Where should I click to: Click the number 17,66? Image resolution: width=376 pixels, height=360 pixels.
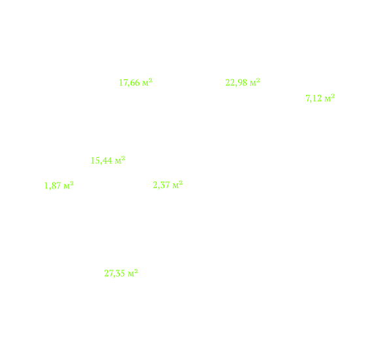click(x=129, y=82)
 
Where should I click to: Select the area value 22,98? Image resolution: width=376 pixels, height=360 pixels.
click(x=236, y=82)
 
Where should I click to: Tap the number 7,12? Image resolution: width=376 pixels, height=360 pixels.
click(x=314, y=98)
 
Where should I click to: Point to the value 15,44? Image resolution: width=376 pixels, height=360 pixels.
click(x=101, y=160)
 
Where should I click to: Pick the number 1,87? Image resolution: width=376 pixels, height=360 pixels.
click(x=52, y=186)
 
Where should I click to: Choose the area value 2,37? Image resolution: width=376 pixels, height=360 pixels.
click(x=162, y=185)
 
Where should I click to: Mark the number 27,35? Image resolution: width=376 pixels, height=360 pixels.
click(x=114, y=274)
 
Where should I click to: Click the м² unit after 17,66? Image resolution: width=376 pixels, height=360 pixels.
click(x=147, y=82)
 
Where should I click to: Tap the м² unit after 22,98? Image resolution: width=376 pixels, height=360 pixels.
click(x=255, y=82)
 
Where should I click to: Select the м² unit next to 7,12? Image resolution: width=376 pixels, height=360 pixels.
click(x=330, y=98)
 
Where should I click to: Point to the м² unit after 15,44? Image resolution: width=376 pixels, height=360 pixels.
click(x=120, y=160)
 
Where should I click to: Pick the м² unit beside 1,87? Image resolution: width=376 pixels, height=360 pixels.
click(x=69, y=185)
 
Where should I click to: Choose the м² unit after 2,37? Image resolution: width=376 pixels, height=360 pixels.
click(x=178, y=185)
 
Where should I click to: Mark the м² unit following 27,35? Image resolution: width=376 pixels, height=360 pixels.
click(x=133, y=273)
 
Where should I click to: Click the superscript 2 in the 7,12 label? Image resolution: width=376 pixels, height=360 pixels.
click(x=333, y=96)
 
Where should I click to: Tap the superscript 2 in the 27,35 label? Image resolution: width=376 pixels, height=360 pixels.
click(x=136, y=271)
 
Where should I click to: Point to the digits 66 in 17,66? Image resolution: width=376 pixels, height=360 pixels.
click(x=135, y=82)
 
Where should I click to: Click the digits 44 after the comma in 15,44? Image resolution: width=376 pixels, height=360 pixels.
click(x=107, y=160)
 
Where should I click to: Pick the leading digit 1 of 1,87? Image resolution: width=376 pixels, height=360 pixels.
click(x=46, y=186)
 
